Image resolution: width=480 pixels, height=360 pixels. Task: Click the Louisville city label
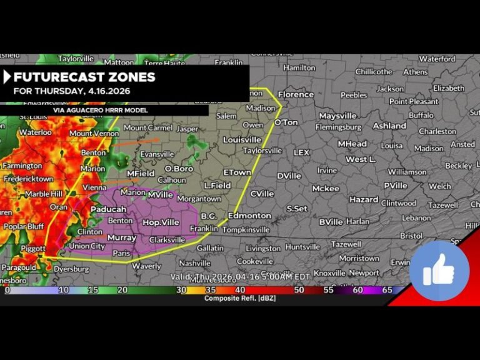pyautogui.click(x=242, y=139)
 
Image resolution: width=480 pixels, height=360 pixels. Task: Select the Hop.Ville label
pyautogui.click(x=161, y=222)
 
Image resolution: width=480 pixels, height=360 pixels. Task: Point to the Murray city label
pyautogui.click(x=122, y=238)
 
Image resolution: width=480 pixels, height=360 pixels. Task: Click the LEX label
pyautogui.click(x=302, y=152)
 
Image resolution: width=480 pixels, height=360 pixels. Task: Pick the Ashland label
pyautogui.click(x=389, y=126)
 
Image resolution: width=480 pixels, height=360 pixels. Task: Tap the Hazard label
pyautogui.click(x=364, y=199)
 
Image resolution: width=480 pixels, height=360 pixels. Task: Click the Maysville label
pyautogui.click(x=337, y=116)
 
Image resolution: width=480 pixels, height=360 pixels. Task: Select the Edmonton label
pyautogui.click(x=249, y=216)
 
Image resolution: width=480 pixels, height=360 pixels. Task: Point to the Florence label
pyautogui.click(x=296, y=94)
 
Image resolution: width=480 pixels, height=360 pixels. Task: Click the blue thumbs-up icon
pyautogui.click(x=439, y=271)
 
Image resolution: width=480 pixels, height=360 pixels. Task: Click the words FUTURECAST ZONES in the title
pyautogui.click(x=84, y=77)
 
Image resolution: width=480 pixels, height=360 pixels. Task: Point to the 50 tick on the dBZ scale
pyautogui.click(x=299, y=291)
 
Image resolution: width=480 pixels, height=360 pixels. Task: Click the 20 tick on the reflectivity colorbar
pyautogui.click(x=123, y=291)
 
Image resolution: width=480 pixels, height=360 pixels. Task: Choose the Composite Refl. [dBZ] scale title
pyautogui.click(x=240, y=298)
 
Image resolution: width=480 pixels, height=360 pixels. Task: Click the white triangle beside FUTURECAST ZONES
pyautogui.click(x=7, y=77)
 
